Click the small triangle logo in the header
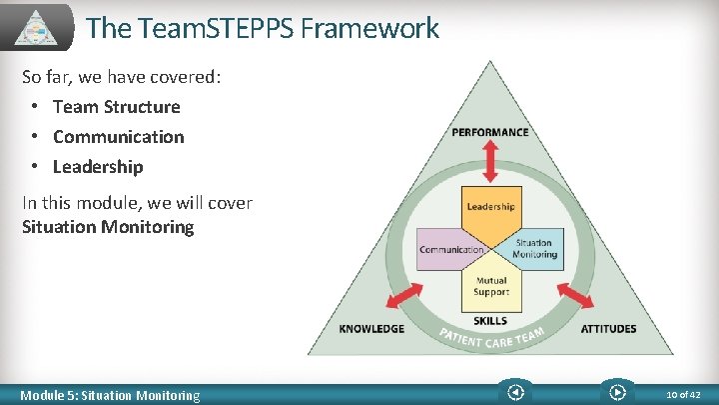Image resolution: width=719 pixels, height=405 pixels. point(38,27)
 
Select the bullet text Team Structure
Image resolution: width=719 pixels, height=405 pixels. point(116,107)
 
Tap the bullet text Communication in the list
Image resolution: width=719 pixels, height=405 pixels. point(118,137)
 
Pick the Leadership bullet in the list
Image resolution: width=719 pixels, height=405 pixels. point(98,167)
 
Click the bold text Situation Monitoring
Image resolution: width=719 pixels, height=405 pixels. point(108,227)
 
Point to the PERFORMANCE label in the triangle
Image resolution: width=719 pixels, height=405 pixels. point(490,132)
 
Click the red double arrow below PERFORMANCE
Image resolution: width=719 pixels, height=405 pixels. point(490,160)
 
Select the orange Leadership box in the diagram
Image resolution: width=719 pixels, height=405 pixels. point(490,208)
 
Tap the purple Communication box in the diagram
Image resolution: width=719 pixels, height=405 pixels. point(448,249)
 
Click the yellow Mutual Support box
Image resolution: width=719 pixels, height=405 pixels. point(490,287)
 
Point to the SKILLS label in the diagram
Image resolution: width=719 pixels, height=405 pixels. point(490,321)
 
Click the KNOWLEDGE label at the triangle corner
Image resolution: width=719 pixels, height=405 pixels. point(371,329)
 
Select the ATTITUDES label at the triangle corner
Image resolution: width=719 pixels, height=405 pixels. point(608,329)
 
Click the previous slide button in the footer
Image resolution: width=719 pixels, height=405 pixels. point(515,393)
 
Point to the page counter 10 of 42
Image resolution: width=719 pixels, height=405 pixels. point(684,395)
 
